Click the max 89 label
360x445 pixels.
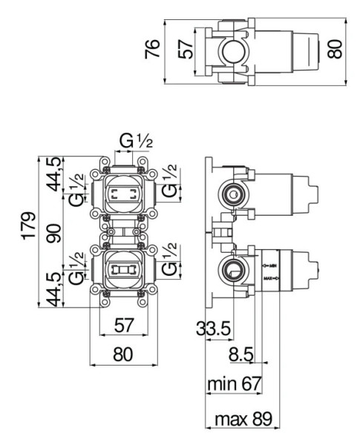(x=242, y=420)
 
